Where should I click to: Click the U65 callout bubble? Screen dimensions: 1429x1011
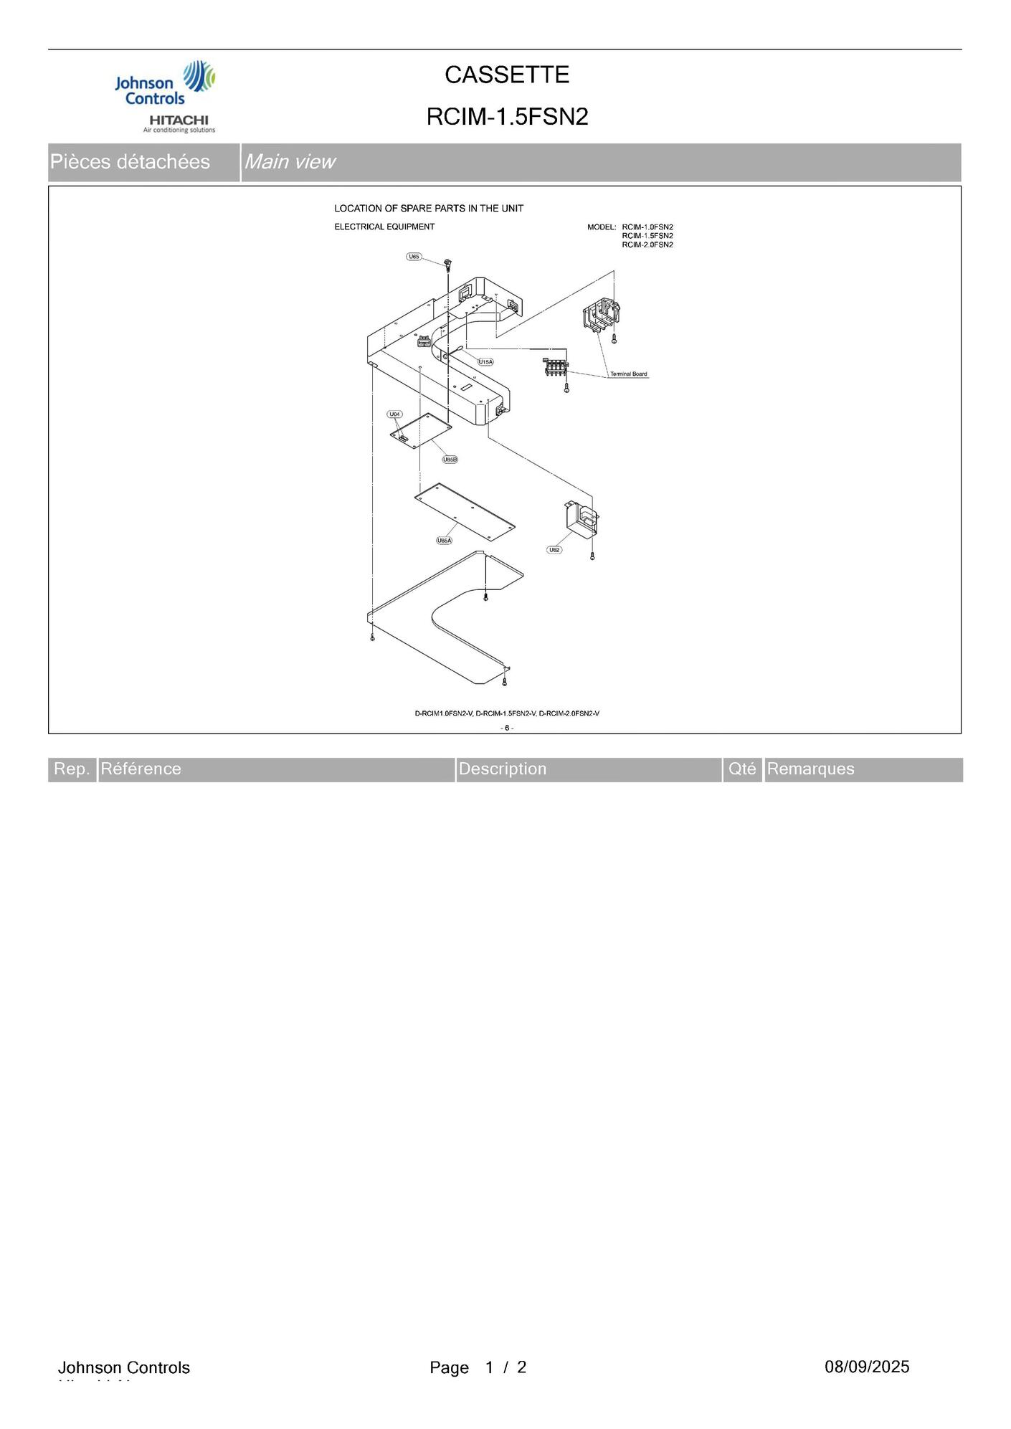click(x=414, y=257)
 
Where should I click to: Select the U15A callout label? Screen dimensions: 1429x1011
click(x=485, y=362)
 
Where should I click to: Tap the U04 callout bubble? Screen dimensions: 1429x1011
click(x=394, y=414)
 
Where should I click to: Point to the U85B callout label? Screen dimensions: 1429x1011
click(x=450, y=459)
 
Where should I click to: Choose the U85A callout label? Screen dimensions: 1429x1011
click(x=445, y=541)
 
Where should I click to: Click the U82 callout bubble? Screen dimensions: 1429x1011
click(x=554, y=550)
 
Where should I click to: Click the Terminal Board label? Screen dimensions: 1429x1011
click(x=629, y=374)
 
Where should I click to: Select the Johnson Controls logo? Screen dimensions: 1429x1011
click(x=165, y=85)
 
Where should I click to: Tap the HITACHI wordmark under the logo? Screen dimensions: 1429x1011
click(x=179, y=120)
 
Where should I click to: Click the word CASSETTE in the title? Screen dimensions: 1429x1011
click(x=507, y=75)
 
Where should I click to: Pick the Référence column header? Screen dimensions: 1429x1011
click(x=141, y=769)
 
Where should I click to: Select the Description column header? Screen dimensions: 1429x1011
click(x=502, y=769)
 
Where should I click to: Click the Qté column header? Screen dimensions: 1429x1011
click(x=742, y=769)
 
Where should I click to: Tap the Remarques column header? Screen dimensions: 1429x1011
click(x=810, y=769)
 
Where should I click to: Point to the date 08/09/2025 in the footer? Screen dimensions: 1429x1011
click(x=866, y=1367)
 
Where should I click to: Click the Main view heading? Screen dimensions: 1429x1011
click(x=290, y=162)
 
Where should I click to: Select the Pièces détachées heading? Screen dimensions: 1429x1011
click(x=130, y=162)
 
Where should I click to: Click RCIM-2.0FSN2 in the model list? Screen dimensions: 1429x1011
click(x=647, y=245)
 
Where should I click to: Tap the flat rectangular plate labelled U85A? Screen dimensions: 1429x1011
click(x=465, y=512)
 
